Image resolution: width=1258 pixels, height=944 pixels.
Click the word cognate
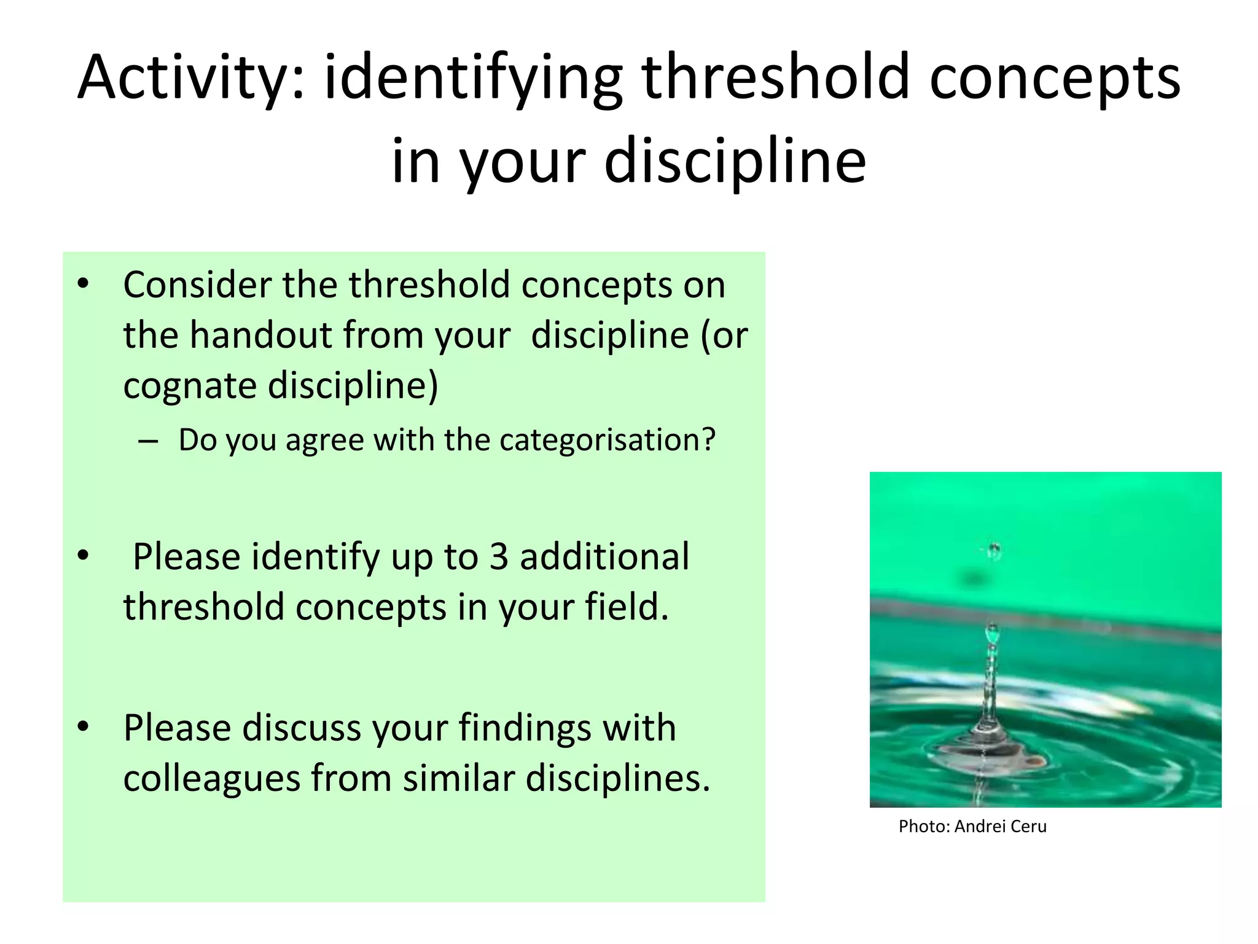[x=190, y=386]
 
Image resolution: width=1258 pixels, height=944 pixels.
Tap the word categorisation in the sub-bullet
[x=608, y=440]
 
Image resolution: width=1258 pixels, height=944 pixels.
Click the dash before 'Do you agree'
[x=148, y=441]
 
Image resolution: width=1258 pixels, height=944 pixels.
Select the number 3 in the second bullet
[x=499, y=557]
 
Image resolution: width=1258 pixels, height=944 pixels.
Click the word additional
[x=604, y=557]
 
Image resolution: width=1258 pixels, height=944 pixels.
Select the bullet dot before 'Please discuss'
[x=84, y=726]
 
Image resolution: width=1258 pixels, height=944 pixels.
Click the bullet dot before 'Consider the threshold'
[x=84, y=283]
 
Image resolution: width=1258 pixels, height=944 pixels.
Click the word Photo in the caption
[x=924, y=827]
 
